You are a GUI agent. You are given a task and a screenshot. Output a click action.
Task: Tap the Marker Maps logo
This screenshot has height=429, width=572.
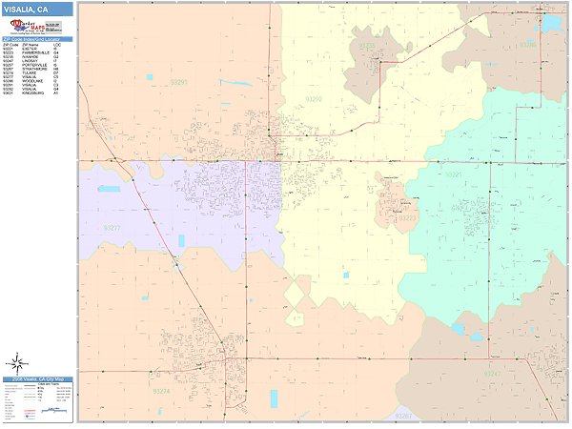click(30, 28)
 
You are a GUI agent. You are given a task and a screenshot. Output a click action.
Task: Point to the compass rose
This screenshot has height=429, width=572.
click(16, 362)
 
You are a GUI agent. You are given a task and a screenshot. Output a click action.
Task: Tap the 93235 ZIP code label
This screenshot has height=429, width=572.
click(365, 45)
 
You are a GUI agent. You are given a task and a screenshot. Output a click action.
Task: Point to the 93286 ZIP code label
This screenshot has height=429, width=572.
click(529, 44)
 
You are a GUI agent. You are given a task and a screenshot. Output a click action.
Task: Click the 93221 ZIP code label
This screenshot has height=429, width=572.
click(453, 174)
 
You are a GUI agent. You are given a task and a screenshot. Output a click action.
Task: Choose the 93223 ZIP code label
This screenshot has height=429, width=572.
click(408, 218)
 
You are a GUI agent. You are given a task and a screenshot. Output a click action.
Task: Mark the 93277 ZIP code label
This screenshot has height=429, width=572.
click(112, 229)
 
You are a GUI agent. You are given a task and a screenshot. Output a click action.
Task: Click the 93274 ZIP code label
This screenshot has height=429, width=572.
click(161, 392)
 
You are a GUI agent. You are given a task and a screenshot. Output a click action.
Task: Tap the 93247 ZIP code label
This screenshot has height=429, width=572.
click(492, 374)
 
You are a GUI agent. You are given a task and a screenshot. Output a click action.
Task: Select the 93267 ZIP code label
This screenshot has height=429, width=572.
click(404, 416)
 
